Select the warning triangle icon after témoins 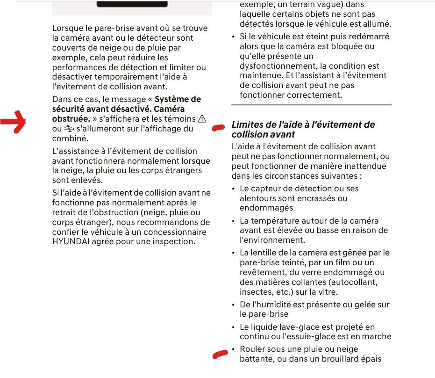tap(202, 119)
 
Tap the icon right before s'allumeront tap(69, 129)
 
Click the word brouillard tap(333, 359)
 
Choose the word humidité tap(277, 305)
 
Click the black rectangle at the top tap(132, 4)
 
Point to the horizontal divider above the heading tap(311, 105)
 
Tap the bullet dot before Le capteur tap(234, 189)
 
